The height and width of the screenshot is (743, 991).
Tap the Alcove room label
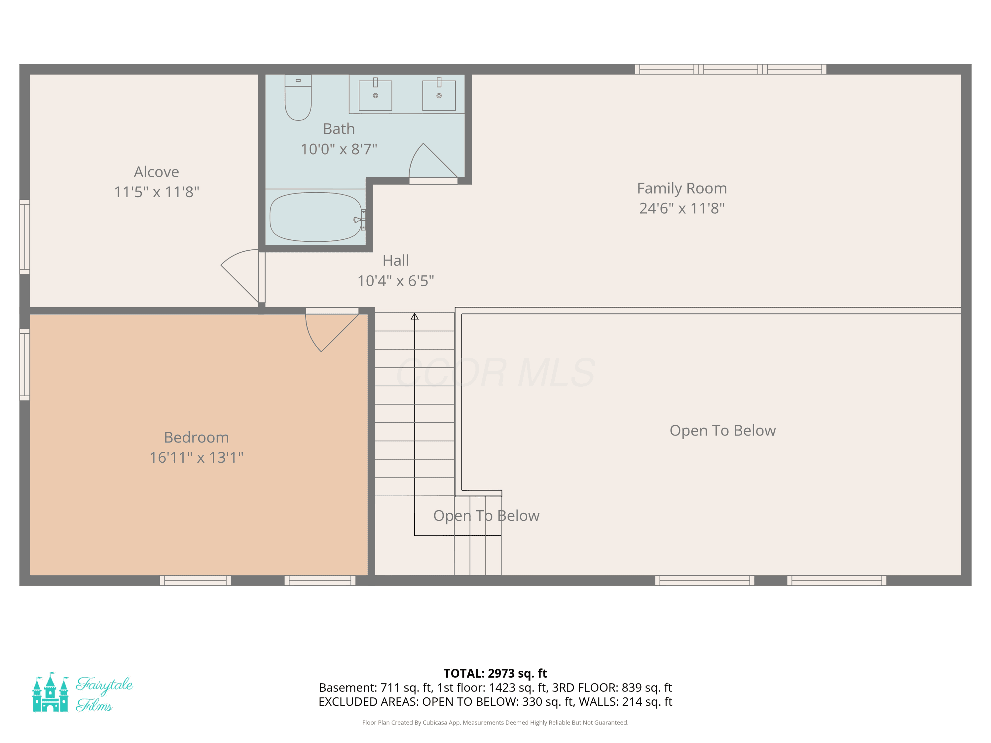156,172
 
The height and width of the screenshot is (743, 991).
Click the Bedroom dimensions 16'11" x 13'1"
196,457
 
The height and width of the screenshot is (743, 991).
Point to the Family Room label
682,189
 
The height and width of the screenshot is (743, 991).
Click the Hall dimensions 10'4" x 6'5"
396,281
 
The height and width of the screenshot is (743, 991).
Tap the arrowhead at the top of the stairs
415,317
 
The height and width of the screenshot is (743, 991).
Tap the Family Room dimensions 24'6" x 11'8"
682,208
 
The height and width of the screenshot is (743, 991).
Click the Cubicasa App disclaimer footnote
495,723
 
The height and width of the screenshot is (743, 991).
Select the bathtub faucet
359,220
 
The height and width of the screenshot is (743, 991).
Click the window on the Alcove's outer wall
25,237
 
